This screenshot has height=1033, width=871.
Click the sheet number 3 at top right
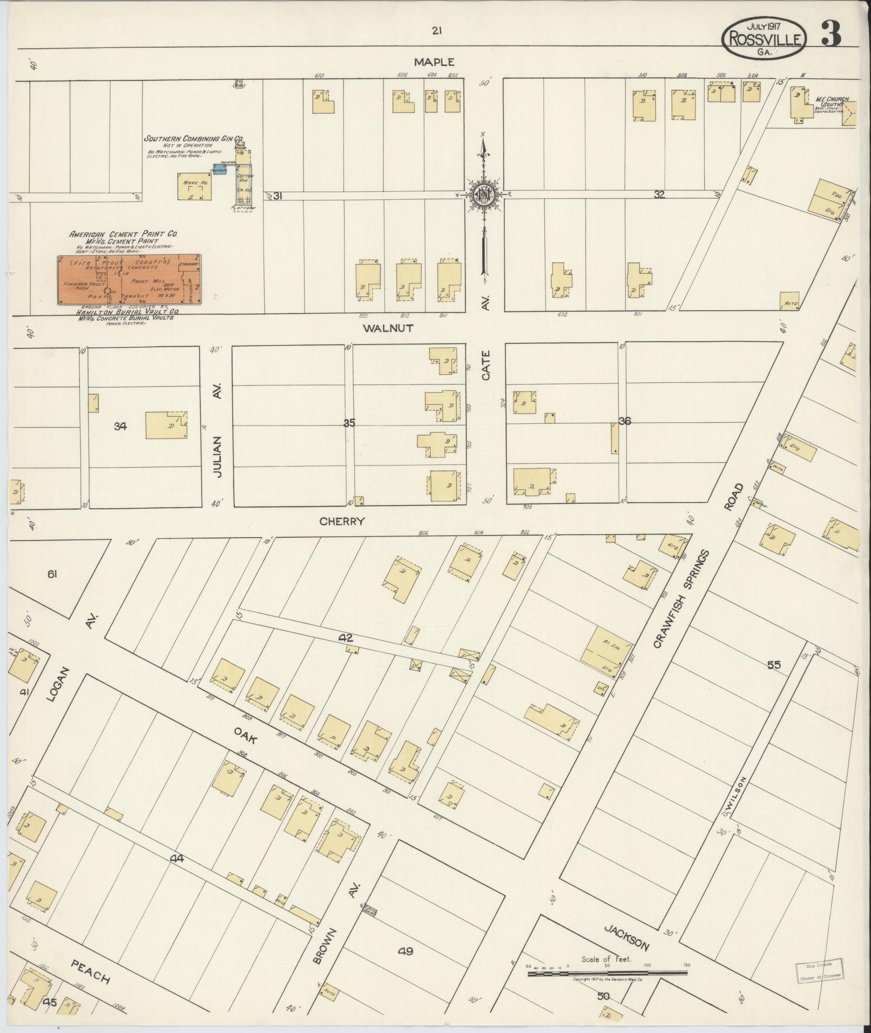coord(831,33)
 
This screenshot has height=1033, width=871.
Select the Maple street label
coord(434,62)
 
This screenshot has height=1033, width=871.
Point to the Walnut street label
coord(388,328)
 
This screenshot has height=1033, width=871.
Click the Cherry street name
coord(342,521)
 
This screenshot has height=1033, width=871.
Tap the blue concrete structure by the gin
coord(219,168)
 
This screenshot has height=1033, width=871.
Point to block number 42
coord(345,638)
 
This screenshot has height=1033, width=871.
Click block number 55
coord(774,665)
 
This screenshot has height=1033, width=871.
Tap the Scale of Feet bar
coord(607,973)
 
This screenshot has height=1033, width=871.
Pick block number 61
coord(52,575)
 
